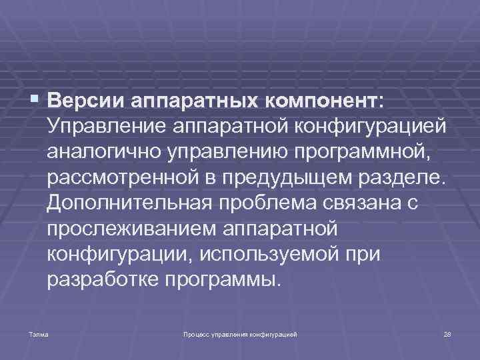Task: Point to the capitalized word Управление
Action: pos(106,127)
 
